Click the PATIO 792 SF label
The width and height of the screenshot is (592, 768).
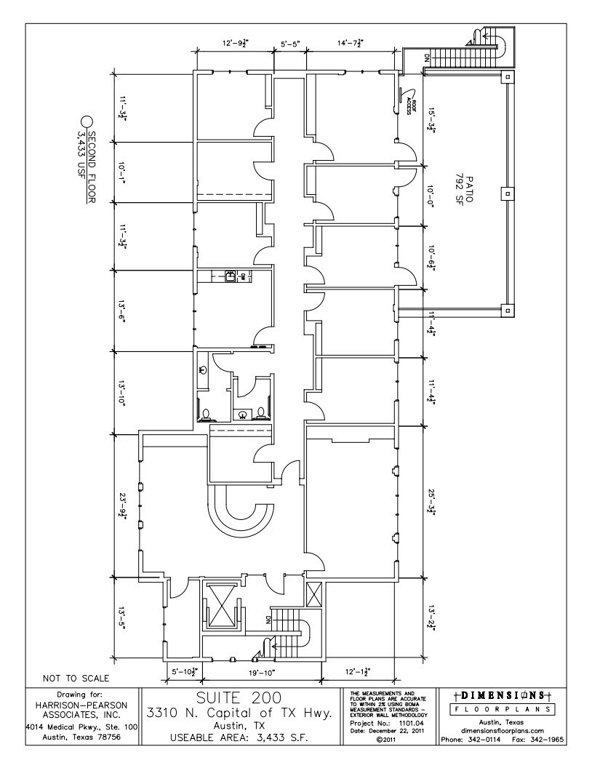coord(463,191)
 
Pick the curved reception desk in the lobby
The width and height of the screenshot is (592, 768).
coord(241,512)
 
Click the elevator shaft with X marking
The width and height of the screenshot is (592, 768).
coord(220,604)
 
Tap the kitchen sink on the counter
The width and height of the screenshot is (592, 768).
coord(231,276)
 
